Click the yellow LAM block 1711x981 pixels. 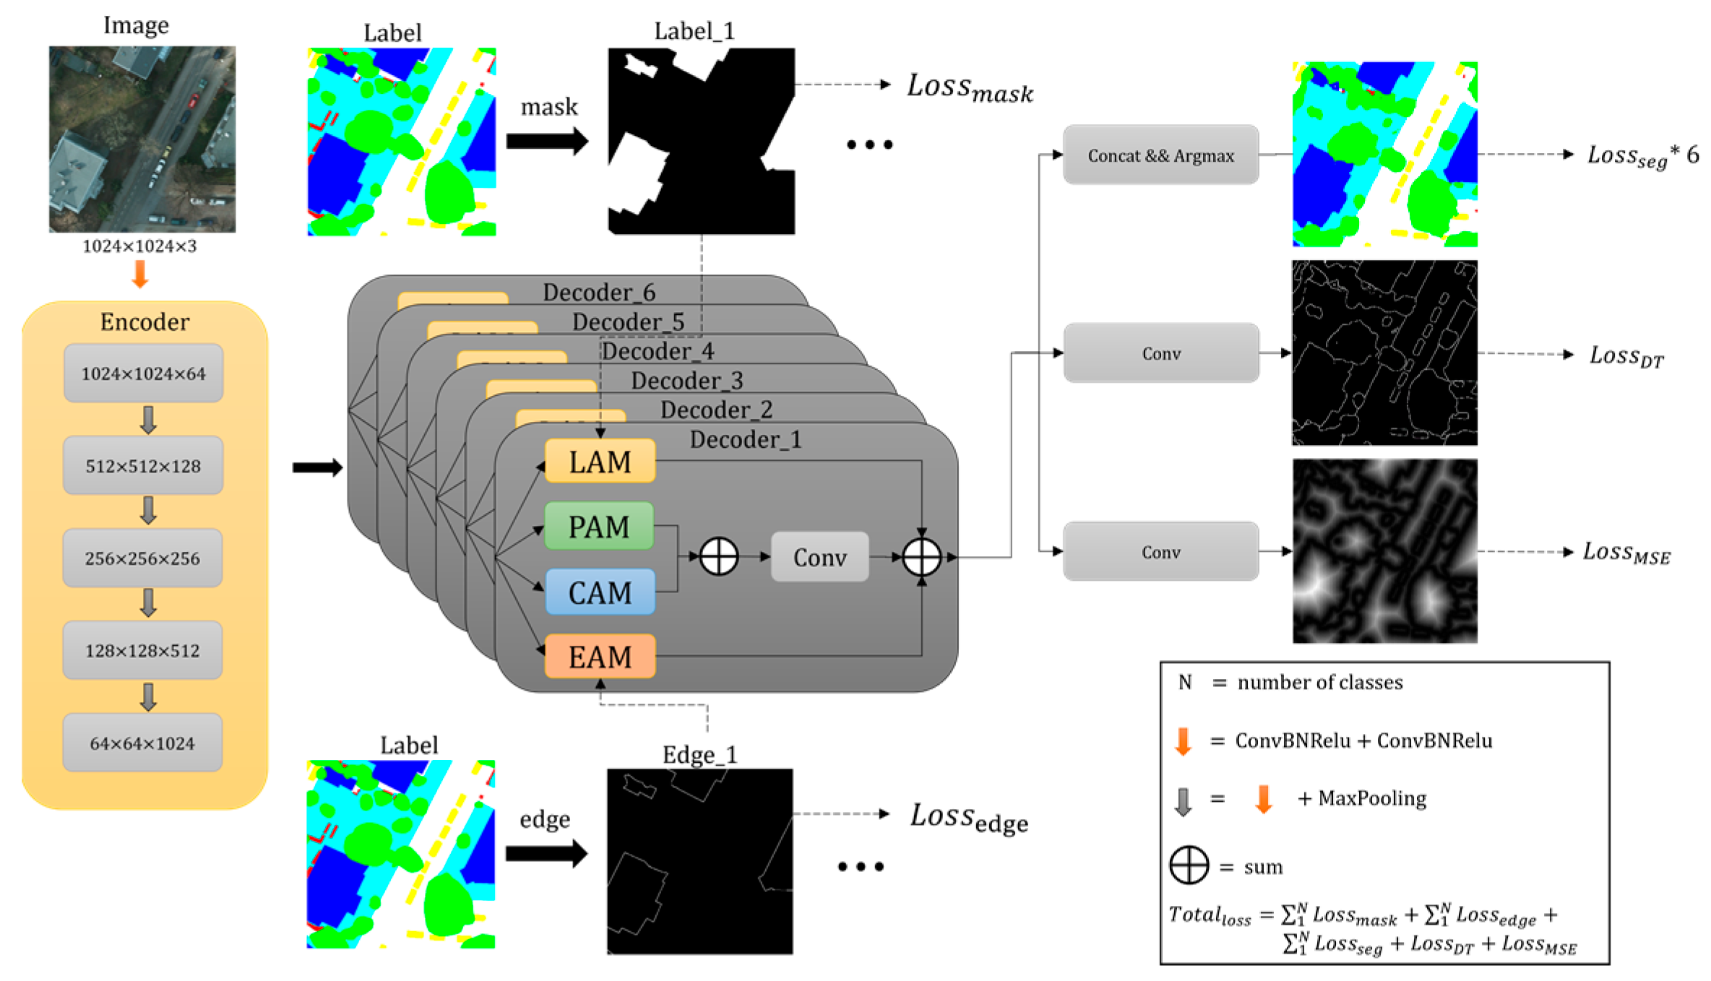600,461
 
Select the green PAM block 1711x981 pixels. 599,526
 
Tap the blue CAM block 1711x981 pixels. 600,592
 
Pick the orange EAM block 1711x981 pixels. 600,657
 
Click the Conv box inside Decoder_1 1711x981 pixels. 819,557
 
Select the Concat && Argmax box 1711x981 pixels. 1160,155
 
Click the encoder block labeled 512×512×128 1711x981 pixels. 143,466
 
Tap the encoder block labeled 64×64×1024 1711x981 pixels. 142,743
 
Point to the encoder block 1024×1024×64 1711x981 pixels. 143,373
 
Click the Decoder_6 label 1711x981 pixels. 599,293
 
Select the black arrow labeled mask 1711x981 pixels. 547,141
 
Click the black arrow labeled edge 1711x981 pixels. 546,853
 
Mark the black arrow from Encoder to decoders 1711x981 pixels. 317,467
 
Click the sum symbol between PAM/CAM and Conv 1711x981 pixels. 719,557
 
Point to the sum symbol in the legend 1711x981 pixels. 1189,865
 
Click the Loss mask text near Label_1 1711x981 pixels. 970,89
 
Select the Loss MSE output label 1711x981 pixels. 1626,553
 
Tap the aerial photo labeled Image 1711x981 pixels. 142,139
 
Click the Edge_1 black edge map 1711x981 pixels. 699,861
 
